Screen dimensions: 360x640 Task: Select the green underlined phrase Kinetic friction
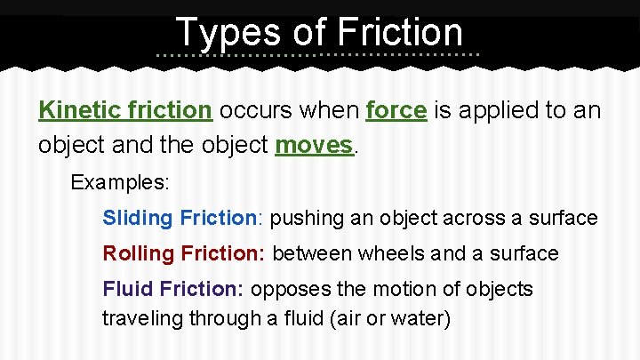(x=125, y=111)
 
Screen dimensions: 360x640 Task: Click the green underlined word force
(x=397, y=111)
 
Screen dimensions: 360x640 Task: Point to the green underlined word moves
(x=315, y=144)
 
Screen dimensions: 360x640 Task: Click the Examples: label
(x=120, y=182)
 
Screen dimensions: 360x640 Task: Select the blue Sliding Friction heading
(x=179, y=218)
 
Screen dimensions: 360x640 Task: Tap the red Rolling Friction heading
(x=183, y=253)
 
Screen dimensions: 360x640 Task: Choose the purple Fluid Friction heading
(x=173, y=289)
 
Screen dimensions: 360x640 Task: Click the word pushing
(x=302, y=218)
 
